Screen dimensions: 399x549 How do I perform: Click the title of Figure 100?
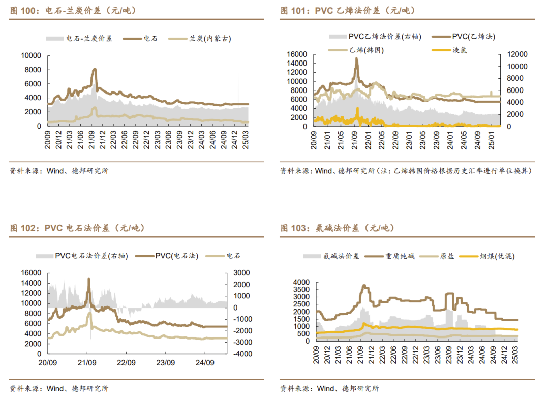[x=73, y=10]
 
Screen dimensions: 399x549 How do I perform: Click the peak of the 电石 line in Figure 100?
[x=95, y=69]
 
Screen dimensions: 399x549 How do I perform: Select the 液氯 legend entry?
[x=460, y=50]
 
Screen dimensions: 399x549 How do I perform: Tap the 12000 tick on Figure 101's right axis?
[x=514, y=54]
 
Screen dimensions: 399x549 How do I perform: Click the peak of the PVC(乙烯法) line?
[x=356, y=58]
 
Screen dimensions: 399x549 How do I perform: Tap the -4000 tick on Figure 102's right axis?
[x=240, y=354]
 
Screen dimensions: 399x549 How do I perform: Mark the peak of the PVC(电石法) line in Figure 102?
[x=89, y=279]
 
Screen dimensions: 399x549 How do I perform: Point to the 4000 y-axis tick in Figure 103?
[x=301, y=282]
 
